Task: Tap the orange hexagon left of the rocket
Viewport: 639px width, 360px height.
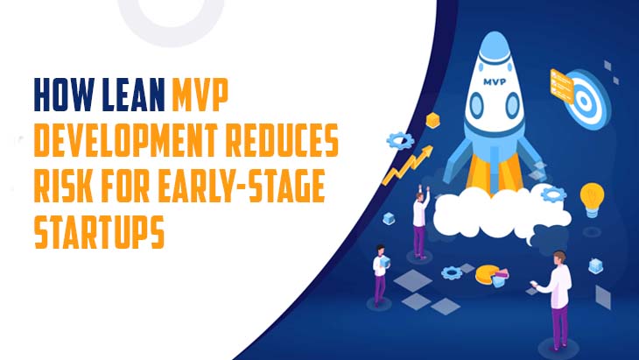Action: pos(432,119)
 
